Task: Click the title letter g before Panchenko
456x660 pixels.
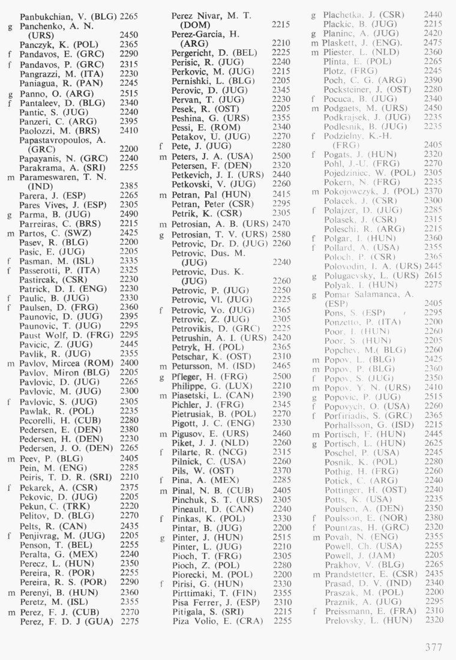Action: tap(10, 27)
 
